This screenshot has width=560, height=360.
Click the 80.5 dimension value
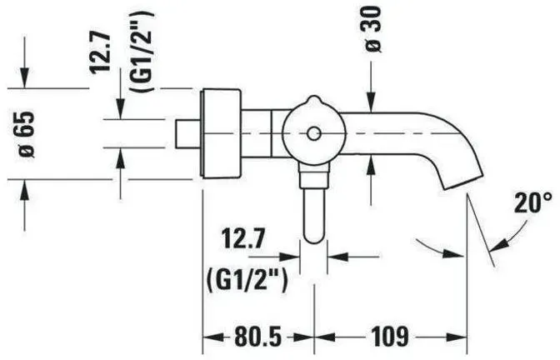point(258,336)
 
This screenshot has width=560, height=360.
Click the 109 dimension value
point(390,336)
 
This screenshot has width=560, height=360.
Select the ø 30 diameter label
point(373,30)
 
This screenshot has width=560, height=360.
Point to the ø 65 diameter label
point(27,134)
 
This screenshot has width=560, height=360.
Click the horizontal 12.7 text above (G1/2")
point(244,239)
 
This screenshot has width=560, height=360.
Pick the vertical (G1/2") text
point(142,52)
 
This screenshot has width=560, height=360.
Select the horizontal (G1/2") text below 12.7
point(247,281)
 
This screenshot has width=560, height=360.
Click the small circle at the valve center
point(313,134)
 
